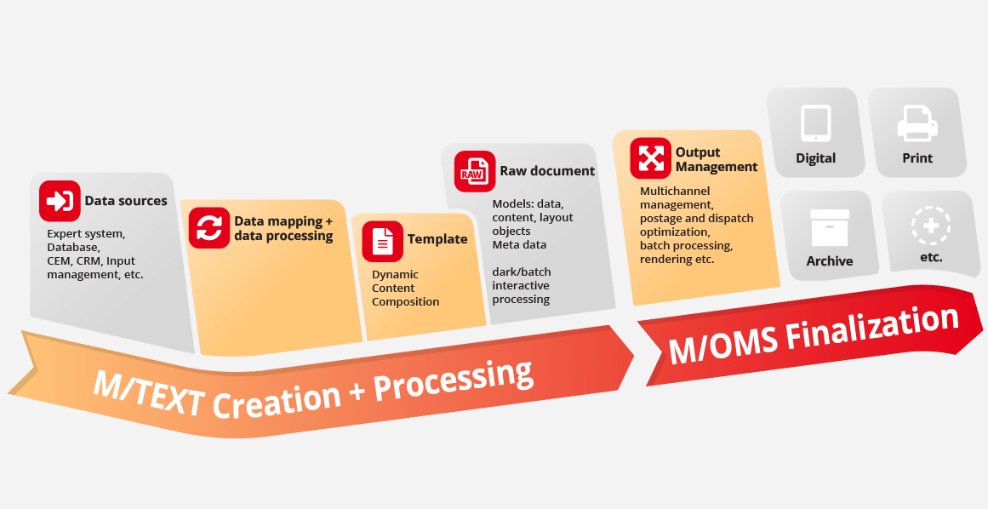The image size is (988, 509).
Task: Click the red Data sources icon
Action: (60, 201)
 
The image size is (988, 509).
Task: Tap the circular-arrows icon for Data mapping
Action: (209, 227)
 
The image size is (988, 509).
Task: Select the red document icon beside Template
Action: (382, 241)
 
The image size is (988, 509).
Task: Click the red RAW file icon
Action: (475, 171)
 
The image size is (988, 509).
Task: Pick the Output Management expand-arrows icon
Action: (650, 158)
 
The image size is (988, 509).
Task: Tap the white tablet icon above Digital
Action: (815, 123)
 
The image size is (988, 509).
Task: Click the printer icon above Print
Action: (917, 123)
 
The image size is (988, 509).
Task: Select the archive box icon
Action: (829, 227)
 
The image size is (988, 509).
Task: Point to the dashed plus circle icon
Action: (931, 226)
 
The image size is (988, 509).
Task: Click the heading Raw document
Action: (547, 171)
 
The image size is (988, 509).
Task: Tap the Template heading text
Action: (437, 239)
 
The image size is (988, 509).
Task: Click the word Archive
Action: (829, 260)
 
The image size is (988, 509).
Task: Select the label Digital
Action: (815, 158)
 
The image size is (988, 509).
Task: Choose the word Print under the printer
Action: (917, 158)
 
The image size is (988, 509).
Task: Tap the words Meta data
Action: (519, 244)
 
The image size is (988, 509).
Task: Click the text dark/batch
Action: (521, 272)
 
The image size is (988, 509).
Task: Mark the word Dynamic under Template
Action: (395, 275)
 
